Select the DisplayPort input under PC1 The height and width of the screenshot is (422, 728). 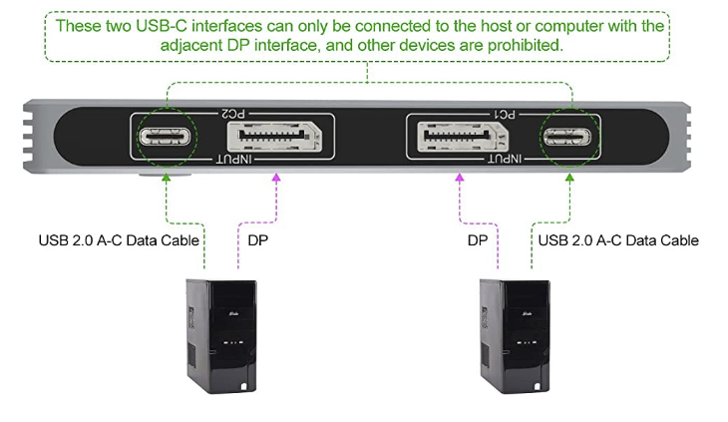coord(460,136)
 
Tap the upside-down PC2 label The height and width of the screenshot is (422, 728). coord(231,115)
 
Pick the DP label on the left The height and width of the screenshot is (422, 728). coord(258,240)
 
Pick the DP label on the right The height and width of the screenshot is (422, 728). coord(478,240)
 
